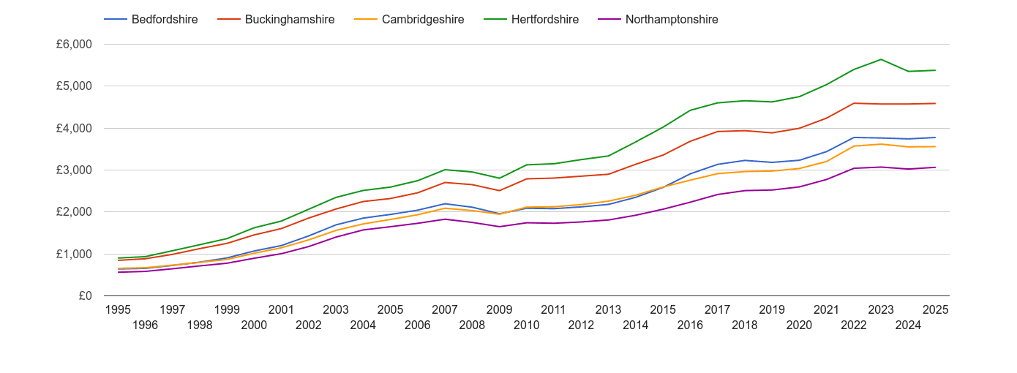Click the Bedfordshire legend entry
click(164, 20)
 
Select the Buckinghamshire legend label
click(289, 20)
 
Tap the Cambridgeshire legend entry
click(422, 20)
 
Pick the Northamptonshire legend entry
click(671, 20)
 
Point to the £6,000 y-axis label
click(74, 45)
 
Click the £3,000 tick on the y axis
click(74, 170)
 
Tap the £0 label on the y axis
click(84, 296)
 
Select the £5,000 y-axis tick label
click(74, 86)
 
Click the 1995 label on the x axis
click(119, 309)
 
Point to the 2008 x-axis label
click(472, 325)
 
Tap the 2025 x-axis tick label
click(935, 309)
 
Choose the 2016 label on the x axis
click(690, 325)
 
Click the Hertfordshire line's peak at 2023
click(881, 59)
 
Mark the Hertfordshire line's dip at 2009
click(500, 178)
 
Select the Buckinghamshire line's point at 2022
click(854, 103)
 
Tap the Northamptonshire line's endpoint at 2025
click(935, 167)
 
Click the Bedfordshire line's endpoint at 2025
click(935, 137)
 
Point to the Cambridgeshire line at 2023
click(881, 144)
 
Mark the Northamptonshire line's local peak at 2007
click(445, 219)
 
